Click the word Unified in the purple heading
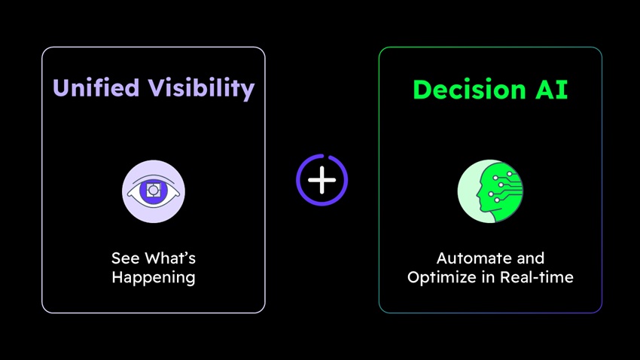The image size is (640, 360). point(96,87)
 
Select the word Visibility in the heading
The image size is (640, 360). point(201,89)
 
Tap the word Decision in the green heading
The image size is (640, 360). point(469,90)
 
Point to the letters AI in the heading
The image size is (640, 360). point(551,90)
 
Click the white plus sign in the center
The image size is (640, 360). point(322,180)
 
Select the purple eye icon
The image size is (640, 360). point(154,191)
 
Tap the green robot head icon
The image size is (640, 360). point(490,191)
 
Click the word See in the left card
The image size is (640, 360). point(126,258)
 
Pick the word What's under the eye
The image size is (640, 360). point(170,258)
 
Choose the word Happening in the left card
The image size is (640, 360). point(154,278)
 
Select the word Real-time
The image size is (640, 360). point(537,277)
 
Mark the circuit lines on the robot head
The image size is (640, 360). point(506,187)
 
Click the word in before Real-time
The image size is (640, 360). point(488,277)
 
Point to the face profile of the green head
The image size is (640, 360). point(481,192)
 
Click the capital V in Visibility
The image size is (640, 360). point(157,87)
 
